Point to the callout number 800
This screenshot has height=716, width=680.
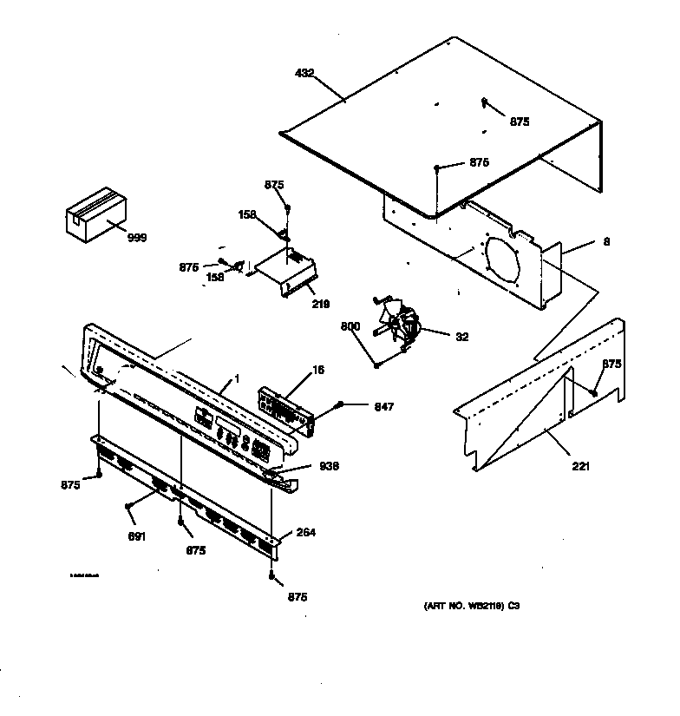[x=350, y=326]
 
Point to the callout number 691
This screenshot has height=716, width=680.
[x=136, y=536]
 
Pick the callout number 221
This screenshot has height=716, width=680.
[x=580, y=467]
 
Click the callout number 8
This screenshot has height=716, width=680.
[x=606, y=242]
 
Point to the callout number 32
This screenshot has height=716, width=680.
[x=461, y=337]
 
